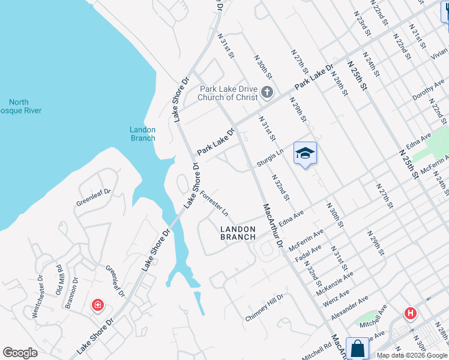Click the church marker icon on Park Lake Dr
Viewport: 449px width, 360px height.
click(x=268, y=93)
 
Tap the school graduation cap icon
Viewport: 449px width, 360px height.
click(x=305, y=154)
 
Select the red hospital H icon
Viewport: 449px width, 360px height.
click(x=411, y=313)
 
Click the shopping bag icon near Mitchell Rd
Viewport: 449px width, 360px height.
click(x=357, y=349)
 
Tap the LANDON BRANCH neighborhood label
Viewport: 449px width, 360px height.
click(x=238, y=233)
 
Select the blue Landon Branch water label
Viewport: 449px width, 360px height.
click(x=143, y=134)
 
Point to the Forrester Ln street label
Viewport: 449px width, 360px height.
click(x=214, y=204)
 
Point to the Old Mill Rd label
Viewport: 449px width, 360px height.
click(x=59, y=280)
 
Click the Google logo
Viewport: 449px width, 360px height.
click(x=20, y=353)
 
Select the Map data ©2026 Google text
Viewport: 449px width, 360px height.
click(x=412, y=355)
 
